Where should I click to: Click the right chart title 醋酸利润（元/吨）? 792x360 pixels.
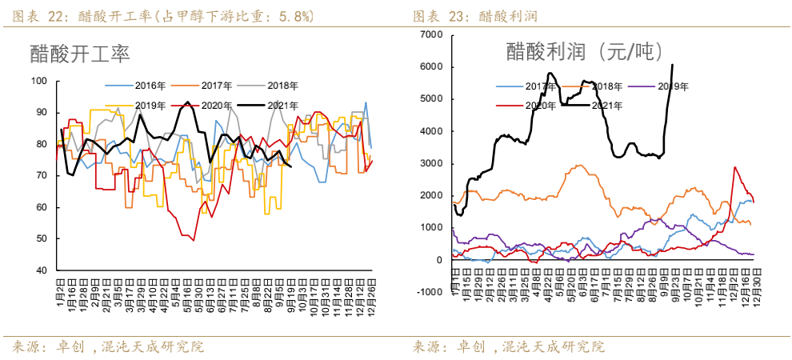point(585,52)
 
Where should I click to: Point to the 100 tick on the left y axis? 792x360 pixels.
point(39,81)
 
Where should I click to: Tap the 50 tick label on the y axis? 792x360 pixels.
point(42,239)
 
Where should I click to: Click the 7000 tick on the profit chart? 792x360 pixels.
point(431,34)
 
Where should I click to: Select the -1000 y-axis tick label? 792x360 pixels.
point(430,292)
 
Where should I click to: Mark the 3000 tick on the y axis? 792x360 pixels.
point(431,163)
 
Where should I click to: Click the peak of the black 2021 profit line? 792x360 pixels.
point(672,65)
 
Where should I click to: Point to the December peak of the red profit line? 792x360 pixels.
point(734,167)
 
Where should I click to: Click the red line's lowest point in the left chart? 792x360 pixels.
point(193,240)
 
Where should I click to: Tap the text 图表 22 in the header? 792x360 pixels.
point(35,16)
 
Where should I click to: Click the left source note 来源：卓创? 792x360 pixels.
point(47,347)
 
